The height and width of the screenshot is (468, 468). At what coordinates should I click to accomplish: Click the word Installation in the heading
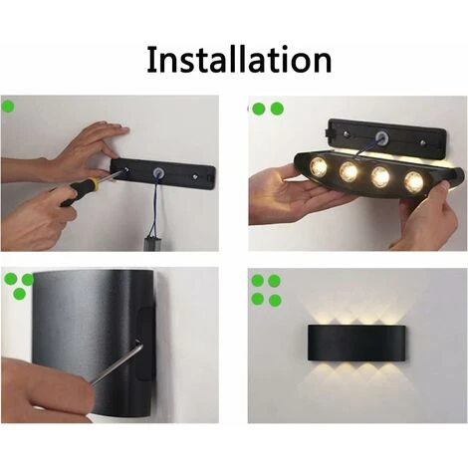click(x=239, y=60)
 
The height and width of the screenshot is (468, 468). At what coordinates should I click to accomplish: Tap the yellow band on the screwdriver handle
click(x=94, y=184)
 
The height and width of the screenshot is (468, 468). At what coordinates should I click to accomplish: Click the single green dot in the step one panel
click(x=8, y=107)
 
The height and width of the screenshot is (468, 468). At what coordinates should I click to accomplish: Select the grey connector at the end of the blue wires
click(x=152, y=243)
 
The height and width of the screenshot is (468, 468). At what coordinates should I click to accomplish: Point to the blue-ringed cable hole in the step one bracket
click(x=157, y=172)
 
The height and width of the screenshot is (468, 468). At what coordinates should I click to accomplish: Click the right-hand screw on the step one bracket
click(x=195, y=176)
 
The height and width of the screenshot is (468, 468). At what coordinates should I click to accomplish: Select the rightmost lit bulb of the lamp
click(x=414, y=181)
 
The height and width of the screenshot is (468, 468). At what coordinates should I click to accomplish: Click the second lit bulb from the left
click(x=349, y=171)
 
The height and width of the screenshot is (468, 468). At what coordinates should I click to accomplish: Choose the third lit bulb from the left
click(x=380, y=176)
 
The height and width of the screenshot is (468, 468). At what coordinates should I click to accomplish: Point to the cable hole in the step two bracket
click(x=381, y=136)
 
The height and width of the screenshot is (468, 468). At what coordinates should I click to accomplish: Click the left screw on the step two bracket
click(x=347, y=133)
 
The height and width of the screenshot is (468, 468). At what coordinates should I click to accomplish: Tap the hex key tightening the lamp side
click(x=117, y=364)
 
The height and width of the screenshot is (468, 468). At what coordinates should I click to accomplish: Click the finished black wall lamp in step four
click(x=356, y=344)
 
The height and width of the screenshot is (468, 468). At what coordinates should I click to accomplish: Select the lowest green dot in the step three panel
click(x=20, y=294)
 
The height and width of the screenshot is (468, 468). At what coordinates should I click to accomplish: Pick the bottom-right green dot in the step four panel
click(x=275, y=301)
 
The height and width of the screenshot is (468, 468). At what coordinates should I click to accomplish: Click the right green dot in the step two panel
click(x=277, y=109)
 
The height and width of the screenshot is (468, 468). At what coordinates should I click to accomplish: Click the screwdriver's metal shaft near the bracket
click(x=111, y=175)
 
